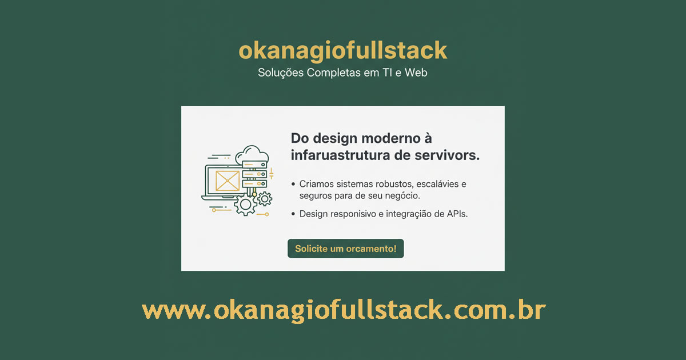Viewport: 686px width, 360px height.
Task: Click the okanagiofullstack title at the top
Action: (342, 50)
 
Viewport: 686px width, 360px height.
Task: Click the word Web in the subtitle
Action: (416, 73)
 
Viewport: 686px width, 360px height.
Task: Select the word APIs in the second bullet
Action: (457, 214)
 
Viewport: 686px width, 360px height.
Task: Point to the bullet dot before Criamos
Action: (293, 184)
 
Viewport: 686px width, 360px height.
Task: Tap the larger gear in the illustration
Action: (245, 205)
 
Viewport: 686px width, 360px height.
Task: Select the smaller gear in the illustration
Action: (265, 199)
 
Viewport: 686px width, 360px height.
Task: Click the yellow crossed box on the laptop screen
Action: (228, 181)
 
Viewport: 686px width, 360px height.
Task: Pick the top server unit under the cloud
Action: (254, 165)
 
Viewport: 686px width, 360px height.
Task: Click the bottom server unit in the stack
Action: (254, 183)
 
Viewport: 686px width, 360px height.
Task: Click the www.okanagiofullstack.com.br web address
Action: (344, 310)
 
